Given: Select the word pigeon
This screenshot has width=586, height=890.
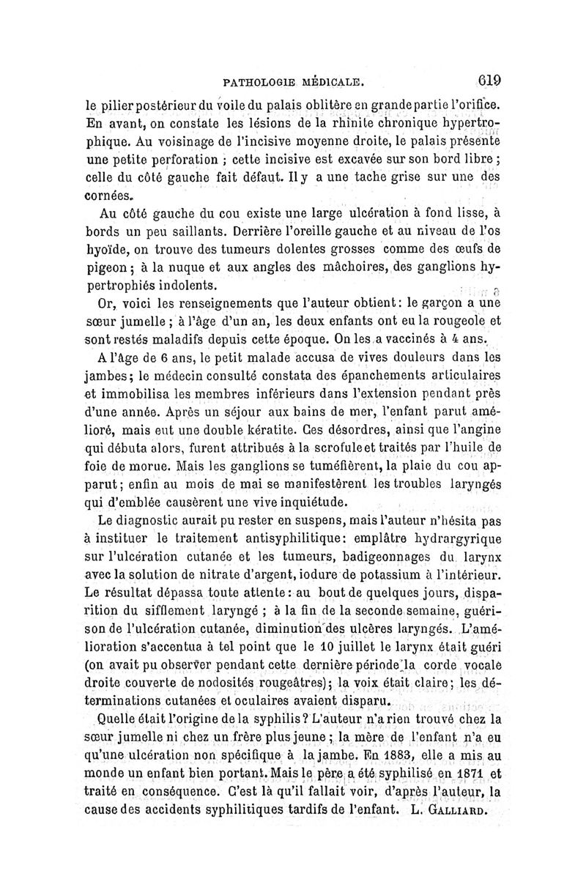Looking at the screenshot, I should click(107, 267).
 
